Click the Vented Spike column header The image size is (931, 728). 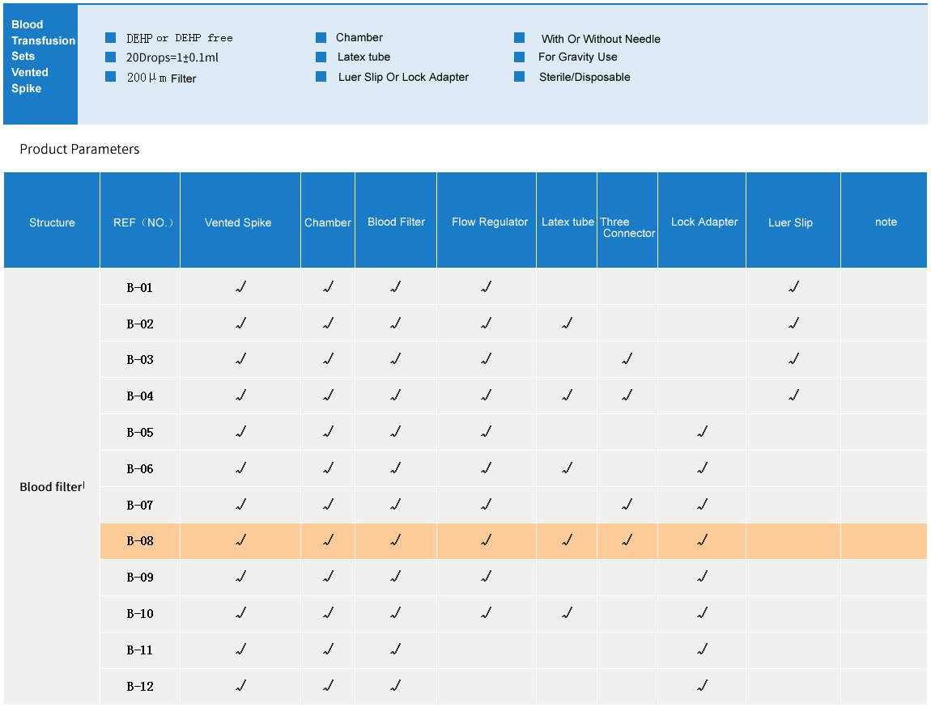tap(238, 222)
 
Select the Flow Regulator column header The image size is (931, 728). tap(490, 222)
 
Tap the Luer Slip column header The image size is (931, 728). tap(790, 222)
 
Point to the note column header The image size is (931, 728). tap(886, 222)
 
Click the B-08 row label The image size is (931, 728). tap(140, 541)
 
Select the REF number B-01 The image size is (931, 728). tap(140, 287)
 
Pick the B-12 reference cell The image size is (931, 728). tap(140, 687)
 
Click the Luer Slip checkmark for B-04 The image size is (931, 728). tap(793, 396)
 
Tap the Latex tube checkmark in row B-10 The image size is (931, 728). tap(567, 613)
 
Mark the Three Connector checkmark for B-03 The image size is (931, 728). tap(627, 359)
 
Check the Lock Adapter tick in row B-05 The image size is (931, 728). tap(702, 432)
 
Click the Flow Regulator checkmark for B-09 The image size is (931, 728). tap(486, 577)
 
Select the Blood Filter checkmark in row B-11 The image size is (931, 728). tap(395, 650)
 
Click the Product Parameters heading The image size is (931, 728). tap(79, 149)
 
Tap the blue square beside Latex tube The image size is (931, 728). tap(321, 57)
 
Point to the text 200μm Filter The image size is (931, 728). tap(161, 78)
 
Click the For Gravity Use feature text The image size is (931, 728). tap(577, 57)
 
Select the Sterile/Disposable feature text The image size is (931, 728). tap(585, 77)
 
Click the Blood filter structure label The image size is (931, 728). tap(51, 487)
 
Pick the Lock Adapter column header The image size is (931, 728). tap(704, 222)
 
